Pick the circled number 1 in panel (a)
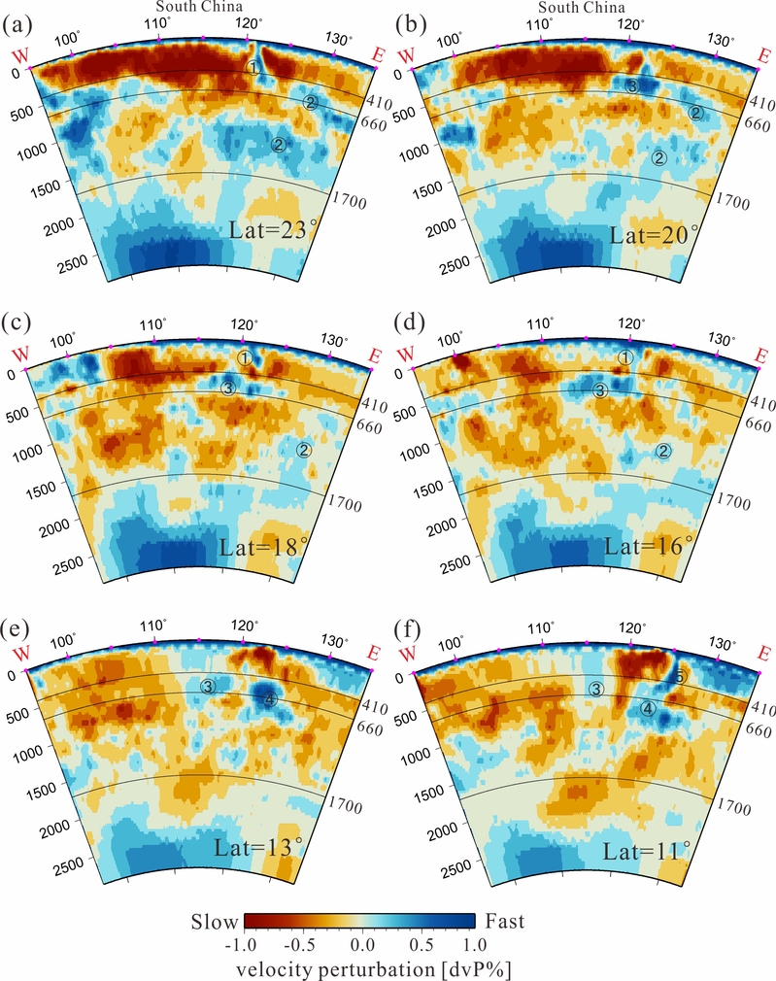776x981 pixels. [253, 68]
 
